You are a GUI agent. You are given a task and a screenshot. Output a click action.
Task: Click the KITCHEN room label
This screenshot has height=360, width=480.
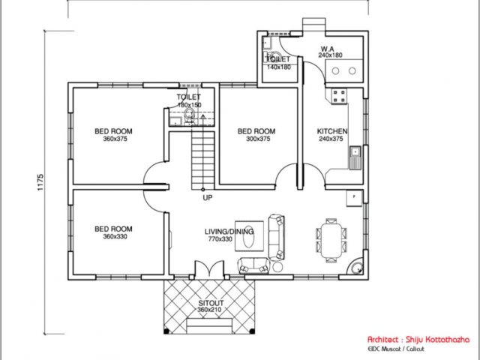pos(332,131)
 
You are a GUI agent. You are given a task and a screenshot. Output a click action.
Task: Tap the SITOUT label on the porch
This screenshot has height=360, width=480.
pos(211,303)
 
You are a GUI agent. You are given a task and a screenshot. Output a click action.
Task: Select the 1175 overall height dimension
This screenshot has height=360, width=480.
pos(40,183)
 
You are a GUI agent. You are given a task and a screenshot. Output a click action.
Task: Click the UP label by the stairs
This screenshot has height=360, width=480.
pos(208,198)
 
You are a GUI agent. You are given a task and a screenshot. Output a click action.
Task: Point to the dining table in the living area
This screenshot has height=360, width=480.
pos(331,241)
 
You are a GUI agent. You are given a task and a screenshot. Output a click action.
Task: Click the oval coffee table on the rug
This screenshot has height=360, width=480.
pos(249,237)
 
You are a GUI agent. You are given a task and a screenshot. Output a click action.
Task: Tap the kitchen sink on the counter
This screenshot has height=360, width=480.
pos(355,157)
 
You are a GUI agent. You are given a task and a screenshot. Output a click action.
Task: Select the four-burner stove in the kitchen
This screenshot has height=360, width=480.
pos(339,96)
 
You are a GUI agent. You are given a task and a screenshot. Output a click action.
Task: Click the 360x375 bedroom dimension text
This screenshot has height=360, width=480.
pos(115,139)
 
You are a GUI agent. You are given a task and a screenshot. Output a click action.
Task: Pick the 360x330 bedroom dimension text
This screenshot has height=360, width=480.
pos(115,237)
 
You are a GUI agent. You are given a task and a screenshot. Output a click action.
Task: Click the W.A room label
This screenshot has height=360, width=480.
pos(327,49)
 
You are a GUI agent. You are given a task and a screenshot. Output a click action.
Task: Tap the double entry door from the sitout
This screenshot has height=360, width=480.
pos(209,269)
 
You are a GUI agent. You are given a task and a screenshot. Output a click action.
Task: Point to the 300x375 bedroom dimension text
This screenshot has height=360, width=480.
pos(258,139)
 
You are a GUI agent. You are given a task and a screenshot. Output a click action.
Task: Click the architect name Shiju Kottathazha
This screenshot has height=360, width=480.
pos(437,339)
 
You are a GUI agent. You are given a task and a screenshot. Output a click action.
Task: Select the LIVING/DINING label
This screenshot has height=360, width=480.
pos(229,232)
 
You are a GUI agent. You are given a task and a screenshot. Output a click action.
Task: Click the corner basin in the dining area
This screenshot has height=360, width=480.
pos(355,267)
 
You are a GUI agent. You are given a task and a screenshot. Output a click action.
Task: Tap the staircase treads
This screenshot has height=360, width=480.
pos(202,160)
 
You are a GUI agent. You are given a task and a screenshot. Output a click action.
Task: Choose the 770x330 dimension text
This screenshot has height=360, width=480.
pos(220,239)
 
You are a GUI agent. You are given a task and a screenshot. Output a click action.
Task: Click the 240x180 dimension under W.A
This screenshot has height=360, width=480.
pos(330,55)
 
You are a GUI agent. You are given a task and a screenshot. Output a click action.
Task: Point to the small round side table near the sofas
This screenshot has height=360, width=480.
pos(278,267)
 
